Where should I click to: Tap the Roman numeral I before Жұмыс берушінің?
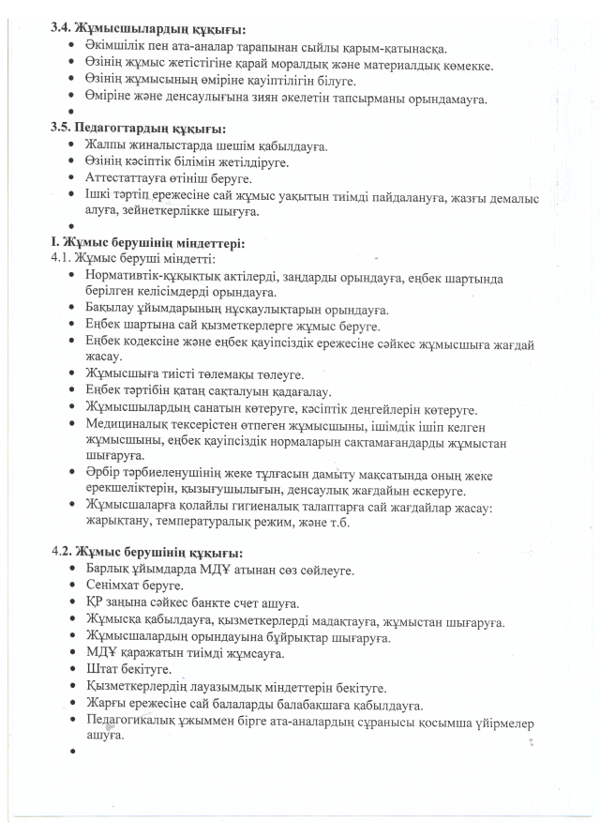coord(54,243)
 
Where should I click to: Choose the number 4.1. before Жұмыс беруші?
coord(61,257)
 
